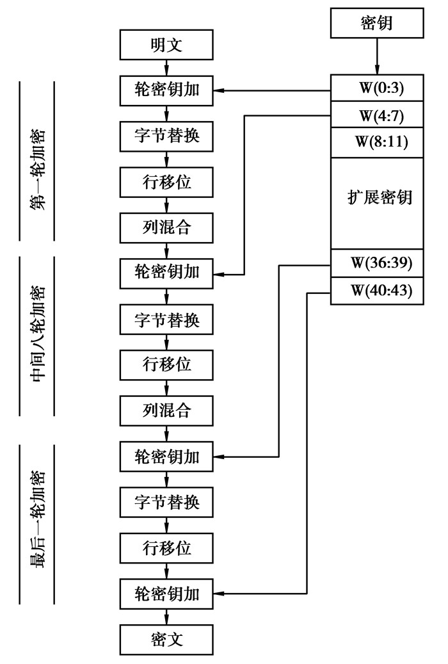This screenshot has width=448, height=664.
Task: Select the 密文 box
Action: click(x=166, y=638)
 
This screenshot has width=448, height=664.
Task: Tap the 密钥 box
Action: click(x=376, y=24)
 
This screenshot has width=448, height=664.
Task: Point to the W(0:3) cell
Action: click(x=376, y=88)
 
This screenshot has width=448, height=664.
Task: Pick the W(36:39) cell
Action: click(x=376, y=263)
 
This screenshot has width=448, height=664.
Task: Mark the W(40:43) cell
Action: click(x=376, y=290)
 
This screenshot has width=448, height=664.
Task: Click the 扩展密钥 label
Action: click(x=376, y=197)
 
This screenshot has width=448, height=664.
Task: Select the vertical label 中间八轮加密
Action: click(x=38, y=336)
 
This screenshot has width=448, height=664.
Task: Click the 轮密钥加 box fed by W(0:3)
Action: click(x=166, y=90)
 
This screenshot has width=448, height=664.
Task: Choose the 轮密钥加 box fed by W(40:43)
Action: click(x=166, y=594)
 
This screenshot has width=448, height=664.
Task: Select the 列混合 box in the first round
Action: click(x=166, y=227)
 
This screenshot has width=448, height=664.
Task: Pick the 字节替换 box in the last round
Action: click(x=166, y=502)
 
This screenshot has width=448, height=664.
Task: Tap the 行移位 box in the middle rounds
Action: click(x=166, y=364)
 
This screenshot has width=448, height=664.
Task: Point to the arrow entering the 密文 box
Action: click(x=166, y=616)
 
